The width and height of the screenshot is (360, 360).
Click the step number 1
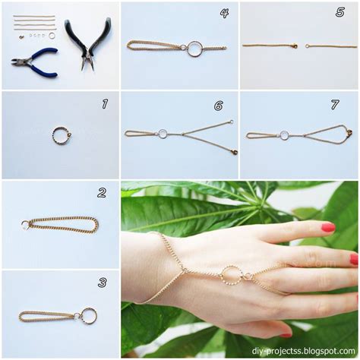tap(105, 104)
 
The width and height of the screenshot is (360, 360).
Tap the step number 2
tap(102, 193)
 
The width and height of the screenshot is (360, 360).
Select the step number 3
tap(103, 283)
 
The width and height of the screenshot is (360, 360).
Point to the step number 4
tap(224, 13)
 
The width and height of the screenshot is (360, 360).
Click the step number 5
tap(340, 12)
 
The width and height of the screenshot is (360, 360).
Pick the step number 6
tap(219, 106)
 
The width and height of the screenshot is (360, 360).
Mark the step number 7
tap(335, 105)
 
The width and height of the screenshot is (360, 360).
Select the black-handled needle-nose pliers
tap(87, 43)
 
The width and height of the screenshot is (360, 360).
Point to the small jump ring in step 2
tap(25, 225)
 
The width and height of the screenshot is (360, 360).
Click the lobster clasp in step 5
tap(295, 46)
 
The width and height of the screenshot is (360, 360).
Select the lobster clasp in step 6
tap(235, 152)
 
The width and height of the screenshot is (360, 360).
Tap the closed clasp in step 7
tap(349, 131)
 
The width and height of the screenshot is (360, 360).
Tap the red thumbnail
tap(286, 336)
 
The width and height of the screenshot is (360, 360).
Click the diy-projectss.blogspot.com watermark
tap(303, 351)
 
